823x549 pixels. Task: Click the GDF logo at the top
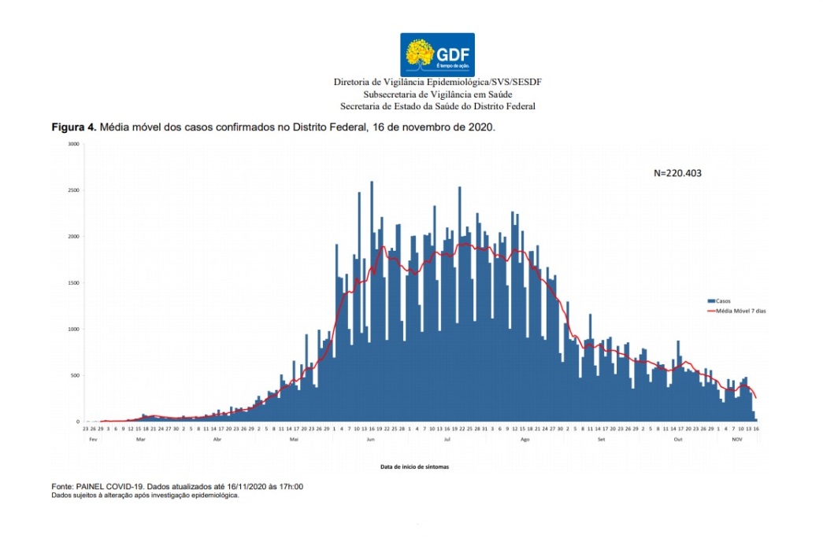[437, 54]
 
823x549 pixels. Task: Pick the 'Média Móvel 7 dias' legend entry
[736, 311]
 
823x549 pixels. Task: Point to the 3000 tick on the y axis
[73, 144]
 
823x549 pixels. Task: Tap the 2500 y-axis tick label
[73, 190]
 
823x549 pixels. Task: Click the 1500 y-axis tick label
[73, 283]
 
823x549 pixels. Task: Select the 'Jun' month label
[370, 439]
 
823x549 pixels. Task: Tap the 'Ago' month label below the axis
[525, 439]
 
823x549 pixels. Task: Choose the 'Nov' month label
[737, 439]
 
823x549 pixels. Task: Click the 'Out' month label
[677, 439]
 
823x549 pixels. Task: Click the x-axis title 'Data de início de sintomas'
[415, 466]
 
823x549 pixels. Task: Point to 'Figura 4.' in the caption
[74, 127]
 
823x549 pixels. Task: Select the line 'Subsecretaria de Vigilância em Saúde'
[437, 94]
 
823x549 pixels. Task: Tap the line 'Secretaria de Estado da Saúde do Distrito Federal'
[437, 106]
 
